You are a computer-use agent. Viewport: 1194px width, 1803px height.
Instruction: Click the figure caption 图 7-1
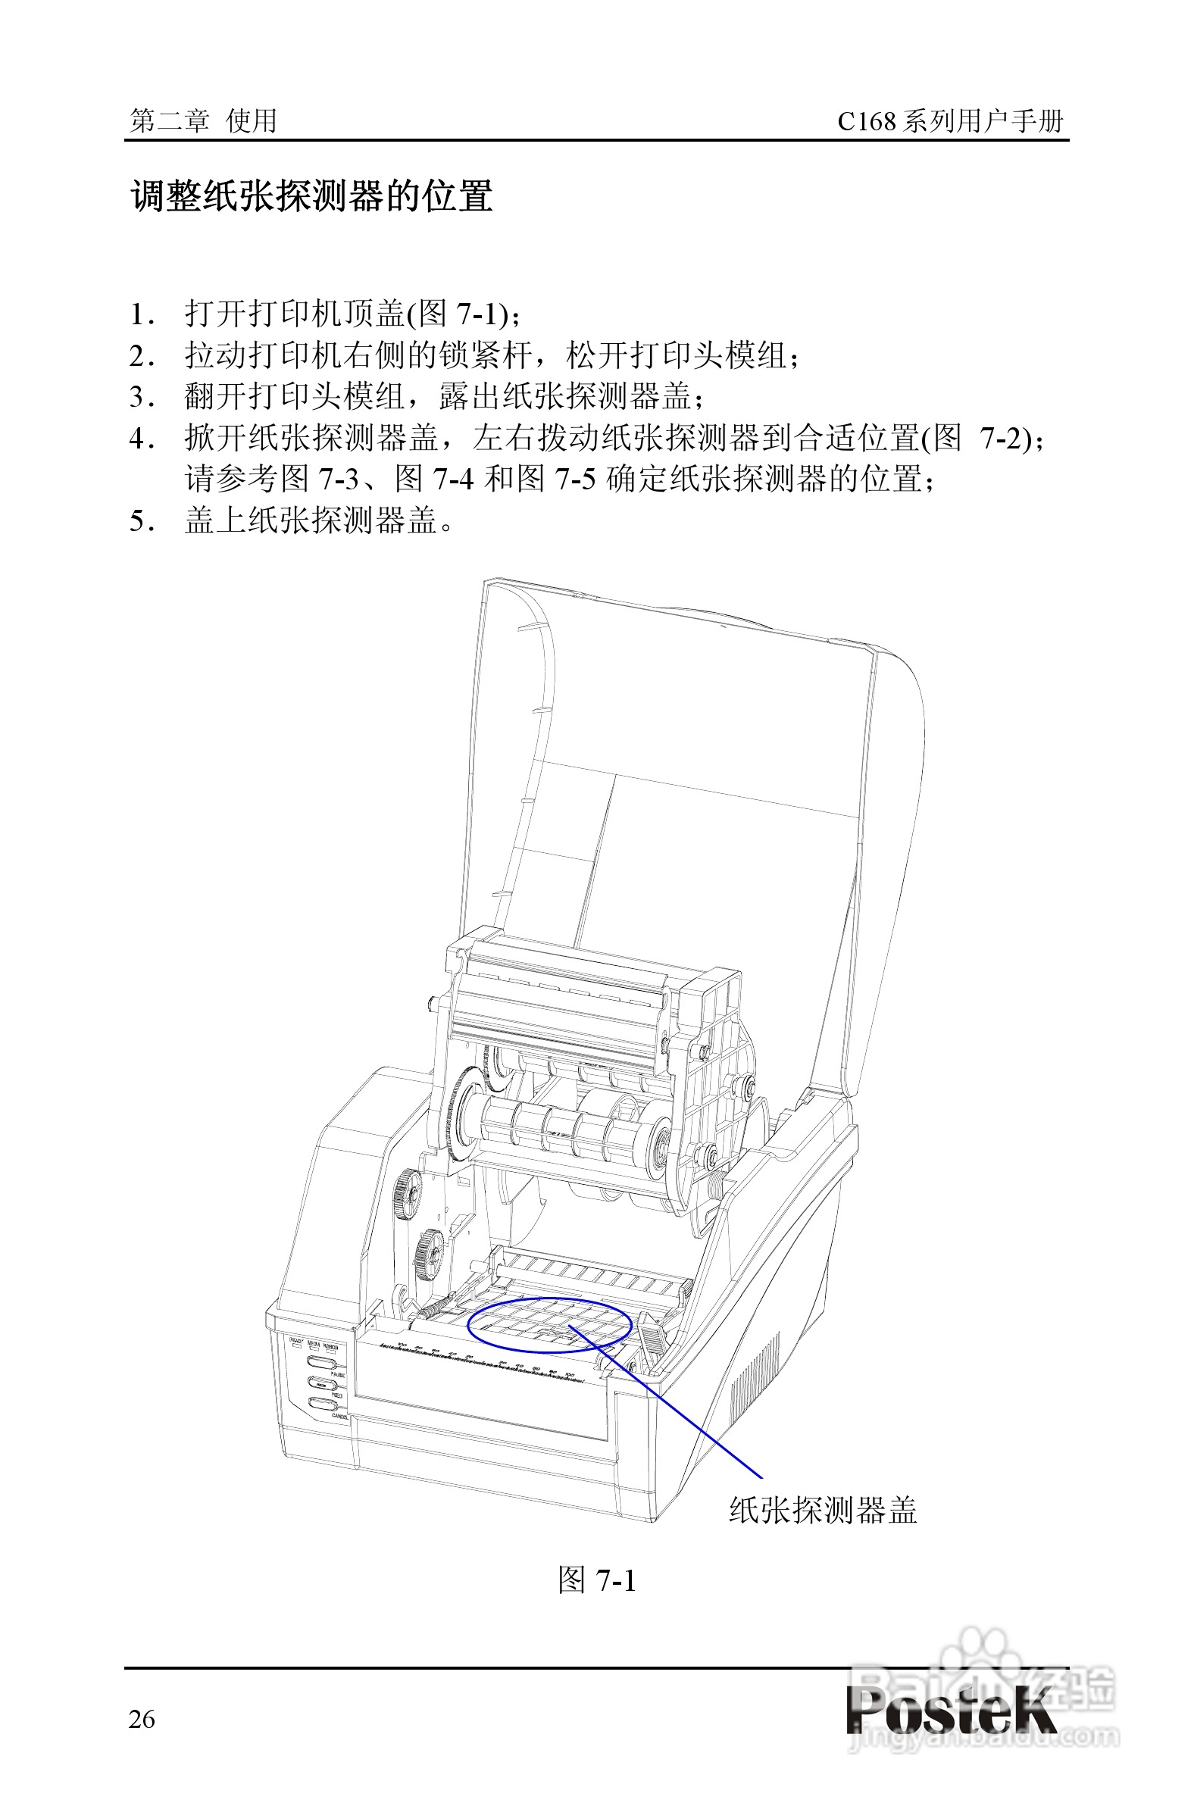pos(596,1581)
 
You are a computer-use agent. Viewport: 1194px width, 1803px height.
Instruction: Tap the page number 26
pos(142,1719)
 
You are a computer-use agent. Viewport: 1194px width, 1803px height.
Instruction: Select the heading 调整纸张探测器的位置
pos(312,196)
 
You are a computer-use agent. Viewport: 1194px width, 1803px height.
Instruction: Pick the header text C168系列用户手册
pos(949,120)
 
